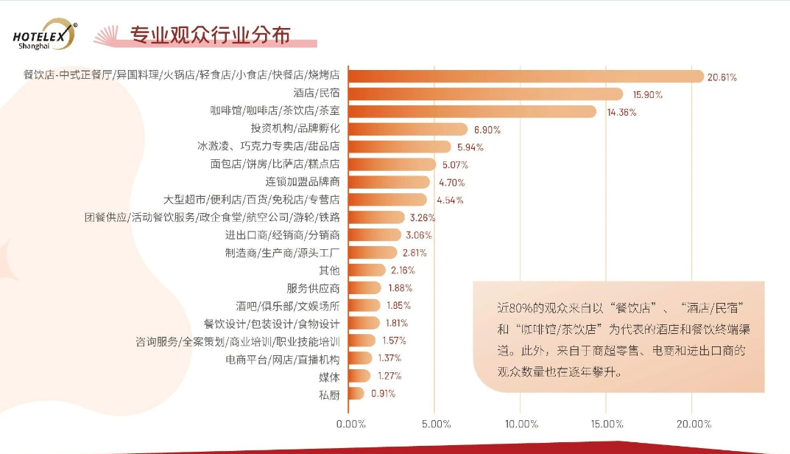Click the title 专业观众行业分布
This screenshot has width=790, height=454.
pyautogui.click(x=210, y=35)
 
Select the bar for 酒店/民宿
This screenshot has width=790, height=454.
pyautogui.click(x=485, y=94)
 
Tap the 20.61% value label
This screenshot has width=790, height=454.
pyautogui.click(x=722, y=77)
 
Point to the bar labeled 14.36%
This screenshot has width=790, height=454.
pyautogui.click(x=471, y=111)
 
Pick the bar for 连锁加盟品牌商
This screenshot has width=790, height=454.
pyautogui.click(x=388, y=181)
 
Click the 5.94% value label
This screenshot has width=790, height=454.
pyautogui.click(x=470, y=147)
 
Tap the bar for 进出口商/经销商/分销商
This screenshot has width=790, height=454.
pyautogui.click(x=374, y=234)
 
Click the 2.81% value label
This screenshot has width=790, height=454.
pyautogui.click(x=414, y=252)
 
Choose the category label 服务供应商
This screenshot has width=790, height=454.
pyautogui.click(x=313, y=287)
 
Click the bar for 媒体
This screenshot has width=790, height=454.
pyautogui.click(x=359, y=375)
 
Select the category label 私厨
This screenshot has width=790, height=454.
pyautogui.click(x=329, y=393)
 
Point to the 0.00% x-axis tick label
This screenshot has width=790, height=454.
pyautogui.click(x=350, y=424)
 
